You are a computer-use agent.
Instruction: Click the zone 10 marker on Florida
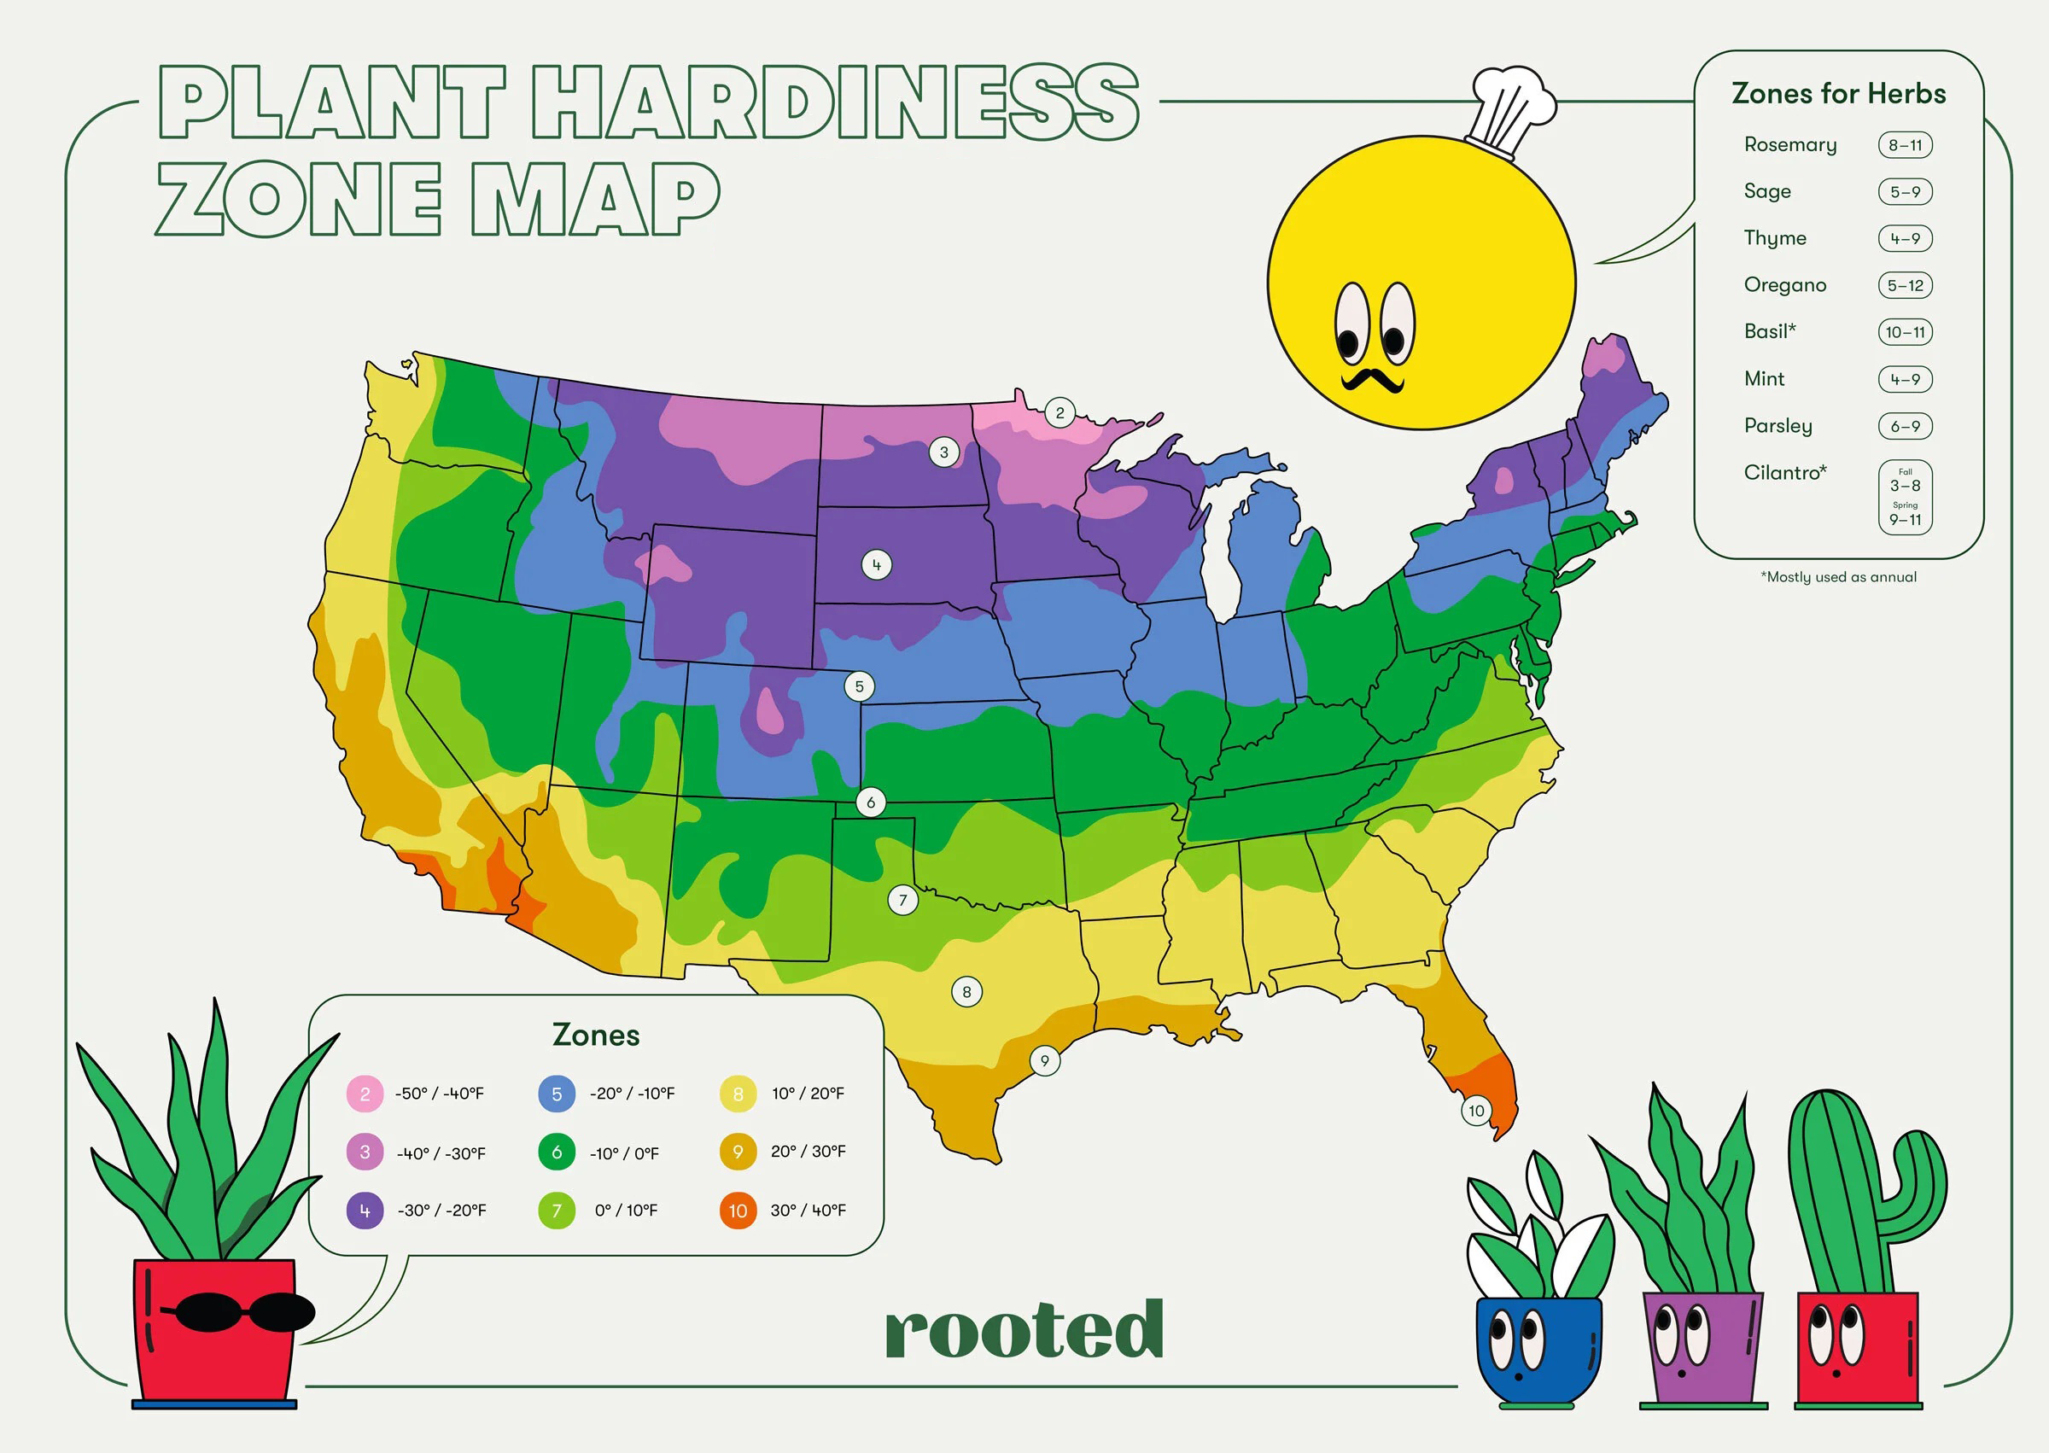pos(1475,1111)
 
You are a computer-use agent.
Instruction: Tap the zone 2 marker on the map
pos(1060,412)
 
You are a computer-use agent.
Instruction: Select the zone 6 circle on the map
pos(871,802)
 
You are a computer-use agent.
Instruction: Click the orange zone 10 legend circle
pos(738,1211)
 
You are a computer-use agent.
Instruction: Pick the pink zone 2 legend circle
pos(365,1094)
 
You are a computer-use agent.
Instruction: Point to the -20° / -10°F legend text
pos(632,1094)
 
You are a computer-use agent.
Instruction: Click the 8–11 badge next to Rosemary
pos(1905,145)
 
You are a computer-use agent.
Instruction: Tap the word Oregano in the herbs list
pos(1784,284)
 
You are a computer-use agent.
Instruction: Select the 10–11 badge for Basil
pos(1905,332)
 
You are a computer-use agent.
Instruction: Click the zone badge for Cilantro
pos(1905,498)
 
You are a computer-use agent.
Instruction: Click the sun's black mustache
pos(1372,380)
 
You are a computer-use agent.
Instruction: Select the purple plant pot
pos(1702,1346)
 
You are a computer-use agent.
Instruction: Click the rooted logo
pos(1024,1329)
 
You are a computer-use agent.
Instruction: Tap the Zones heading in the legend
pos(596,1036)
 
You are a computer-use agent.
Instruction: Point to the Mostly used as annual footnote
pos(1839,577)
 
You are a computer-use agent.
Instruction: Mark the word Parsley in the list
pos(1778,426)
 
